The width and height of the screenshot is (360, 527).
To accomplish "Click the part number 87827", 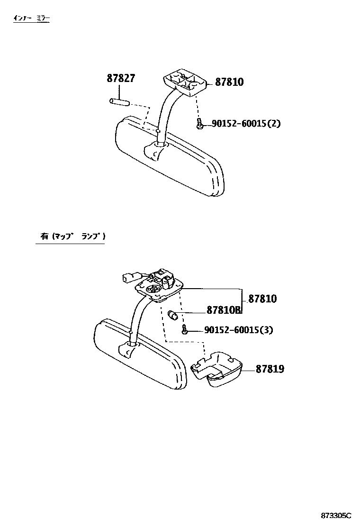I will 121,79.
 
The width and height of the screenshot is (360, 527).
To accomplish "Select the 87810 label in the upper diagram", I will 229,82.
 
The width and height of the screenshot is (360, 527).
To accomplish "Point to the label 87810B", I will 224,311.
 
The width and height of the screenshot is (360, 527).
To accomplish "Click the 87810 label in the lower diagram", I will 262,299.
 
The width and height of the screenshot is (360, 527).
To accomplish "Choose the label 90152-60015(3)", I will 239,330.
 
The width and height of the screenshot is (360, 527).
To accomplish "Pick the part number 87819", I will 270,369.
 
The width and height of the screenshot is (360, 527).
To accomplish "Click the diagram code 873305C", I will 337,515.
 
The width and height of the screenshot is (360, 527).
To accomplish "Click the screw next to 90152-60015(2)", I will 200,124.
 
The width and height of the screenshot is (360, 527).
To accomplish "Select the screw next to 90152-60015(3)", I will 186,329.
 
